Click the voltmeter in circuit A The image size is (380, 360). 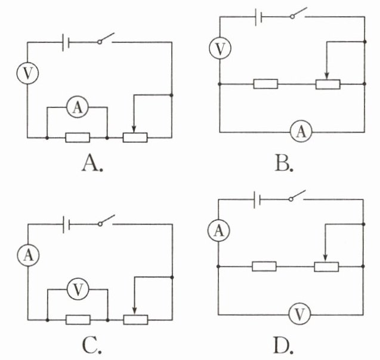point(27,73)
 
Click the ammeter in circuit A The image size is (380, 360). point(78,107)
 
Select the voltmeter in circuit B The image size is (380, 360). point(220,48)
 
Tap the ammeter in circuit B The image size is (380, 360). point(301,132)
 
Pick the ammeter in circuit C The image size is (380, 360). point(29,255)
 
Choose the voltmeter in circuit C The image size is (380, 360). point(78,289)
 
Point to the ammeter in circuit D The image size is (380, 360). point(218,230)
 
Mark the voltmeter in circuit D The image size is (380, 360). point(300,315)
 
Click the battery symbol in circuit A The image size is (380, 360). point(66,42)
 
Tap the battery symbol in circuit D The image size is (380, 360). point(257,199)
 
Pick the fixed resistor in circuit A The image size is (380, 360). point(78,137)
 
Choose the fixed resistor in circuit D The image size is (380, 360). point(264,266)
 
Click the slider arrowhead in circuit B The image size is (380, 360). point(327,76)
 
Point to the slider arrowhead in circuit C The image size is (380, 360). point(135,311)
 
